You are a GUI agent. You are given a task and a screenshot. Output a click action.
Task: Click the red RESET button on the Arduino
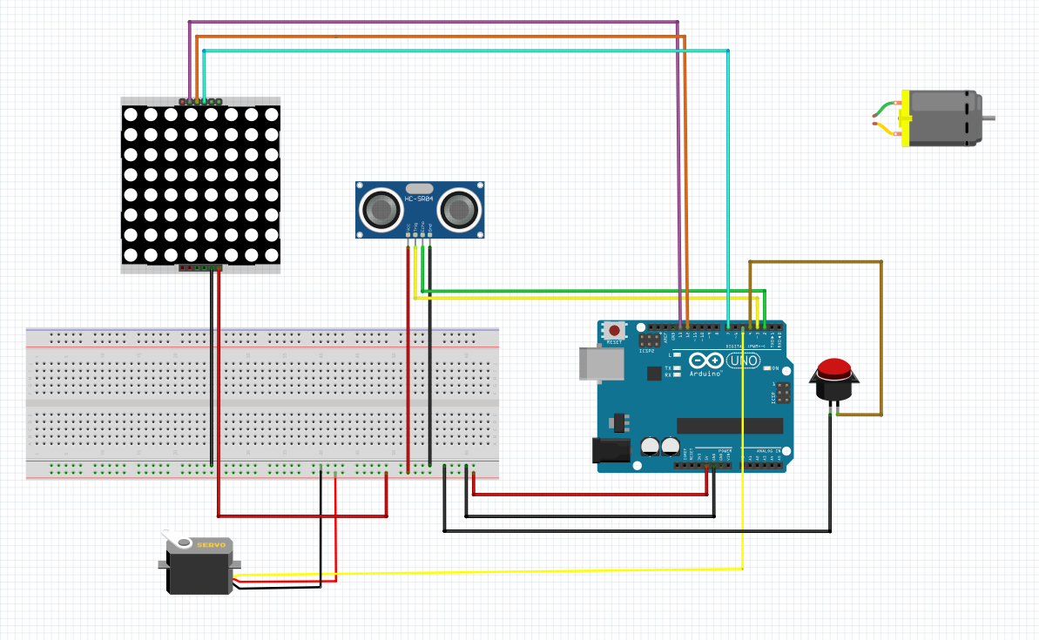[615, 330]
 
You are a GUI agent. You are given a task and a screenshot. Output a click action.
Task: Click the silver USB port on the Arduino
[601, 363]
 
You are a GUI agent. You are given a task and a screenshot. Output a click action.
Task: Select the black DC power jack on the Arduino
[611, 449]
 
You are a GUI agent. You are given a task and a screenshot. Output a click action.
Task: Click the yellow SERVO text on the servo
[211, 545]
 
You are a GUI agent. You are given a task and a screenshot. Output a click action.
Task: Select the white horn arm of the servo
[179, 541]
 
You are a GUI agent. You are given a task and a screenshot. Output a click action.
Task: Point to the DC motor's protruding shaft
[988, 118]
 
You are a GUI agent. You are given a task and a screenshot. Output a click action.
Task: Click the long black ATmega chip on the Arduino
[729, 425]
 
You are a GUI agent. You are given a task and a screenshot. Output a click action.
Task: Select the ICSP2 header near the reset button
[648, 340]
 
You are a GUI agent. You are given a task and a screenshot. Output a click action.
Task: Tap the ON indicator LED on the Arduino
[767, 368]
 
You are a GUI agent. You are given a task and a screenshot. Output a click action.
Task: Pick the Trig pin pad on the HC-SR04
[415, 235]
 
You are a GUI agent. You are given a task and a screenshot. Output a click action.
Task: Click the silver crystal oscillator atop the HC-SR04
[419, 188]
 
